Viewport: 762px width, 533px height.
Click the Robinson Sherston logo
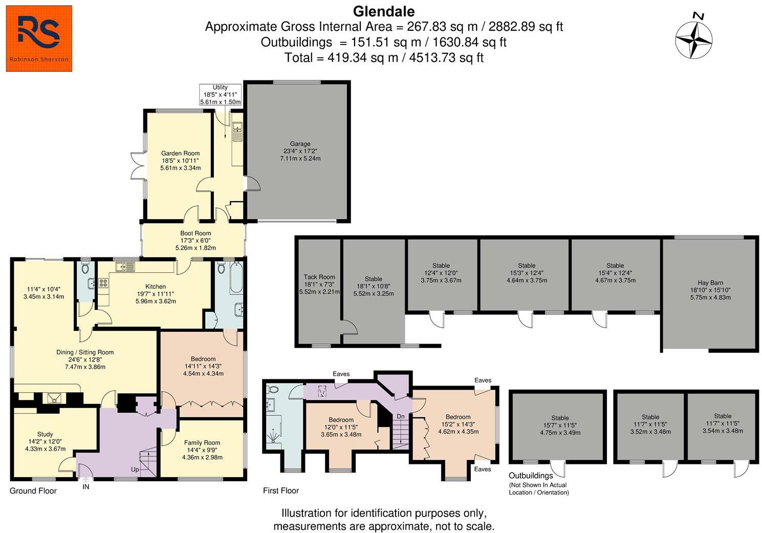39,38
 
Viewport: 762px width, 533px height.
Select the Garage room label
300,144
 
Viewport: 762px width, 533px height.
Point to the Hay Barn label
710,283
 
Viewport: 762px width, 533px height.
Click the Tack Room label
319,277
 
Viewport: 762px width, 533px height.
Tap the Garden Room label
180,153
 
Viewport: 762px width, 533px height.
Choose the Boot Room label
195,233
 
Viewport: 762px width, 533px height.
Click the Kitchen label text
156,287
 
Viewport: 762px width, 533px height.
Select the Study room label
45,434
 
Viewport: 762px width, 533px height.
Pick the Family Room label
202,443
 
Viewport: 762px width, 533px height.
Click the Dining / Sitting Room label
85,352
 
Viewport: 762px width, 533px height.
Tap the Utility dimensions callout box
220,95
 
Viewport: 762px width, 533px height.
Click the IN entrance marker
86,487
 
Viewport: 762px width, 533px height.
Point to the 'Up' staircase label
135,470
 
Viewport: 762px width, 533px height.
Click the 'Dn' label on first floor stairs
401,417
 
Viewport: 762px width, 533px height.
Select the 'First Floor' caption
281,491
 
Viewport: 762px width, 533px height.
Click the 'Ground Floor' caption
33,491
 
